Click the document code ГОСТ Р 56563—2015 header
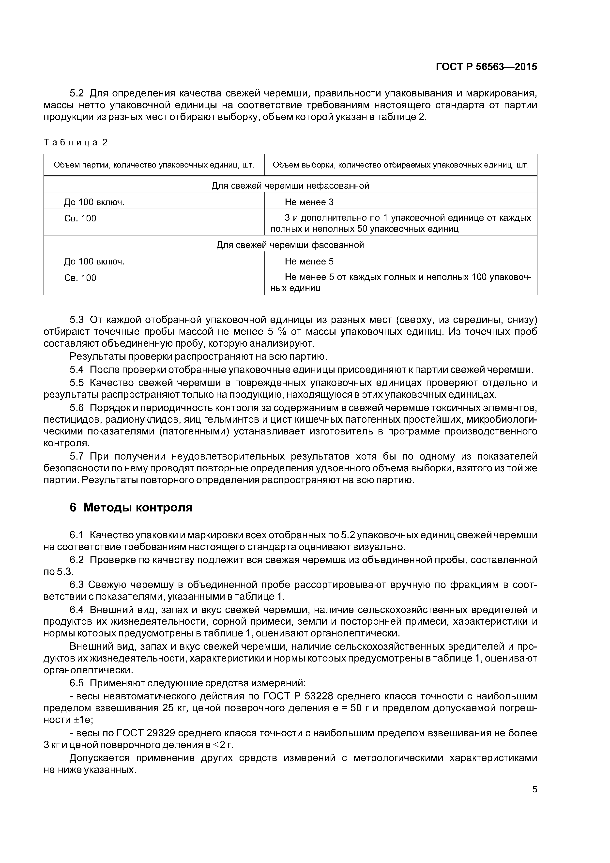(486, 67)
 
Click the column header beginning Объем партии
(154, 165)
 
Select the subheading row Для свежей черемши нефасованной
(290, 186)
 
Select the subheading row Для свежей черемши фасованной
(290, 245)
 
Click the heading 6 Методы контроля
(131, 508)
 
